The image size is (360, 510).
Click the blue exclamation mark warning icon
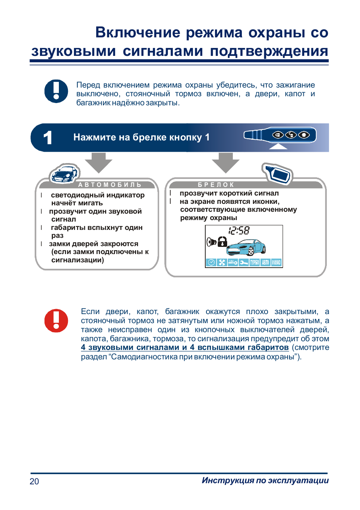pos(56,91)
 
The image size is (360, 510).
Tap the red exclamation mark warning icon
pos(56,320)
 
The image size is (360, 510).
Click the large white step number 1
pos(48,138)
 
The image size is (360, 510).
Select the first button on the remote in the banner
pos(278,135)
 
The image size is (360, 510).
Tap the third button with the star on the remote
pos(303,135)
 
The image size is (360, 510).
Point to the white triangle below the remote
pos(278,146)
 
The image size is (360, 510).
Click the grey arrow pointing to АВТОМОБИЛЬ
pos(98,162)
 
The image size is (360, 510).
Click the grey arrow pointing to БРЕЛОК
pos(226,162)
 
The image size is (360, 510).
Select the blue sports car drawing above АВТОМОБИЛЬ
pos(65,174)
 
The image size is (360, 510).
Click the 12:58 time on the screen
pos(239,230)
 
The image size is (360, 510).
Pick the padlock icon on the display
pos(223,242)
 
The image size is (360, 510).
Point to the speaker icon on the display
pos(211,242)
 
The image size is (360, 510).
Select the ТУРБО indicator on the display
pos(255,262)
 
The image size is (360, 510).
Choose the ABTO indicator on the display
pos(266,262)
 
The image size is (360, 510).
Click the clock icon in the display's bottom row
pos(211,262)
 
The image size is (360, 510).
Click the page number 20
pos(34,481)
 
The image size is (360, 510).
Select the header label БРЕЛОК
pos(216,185)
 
